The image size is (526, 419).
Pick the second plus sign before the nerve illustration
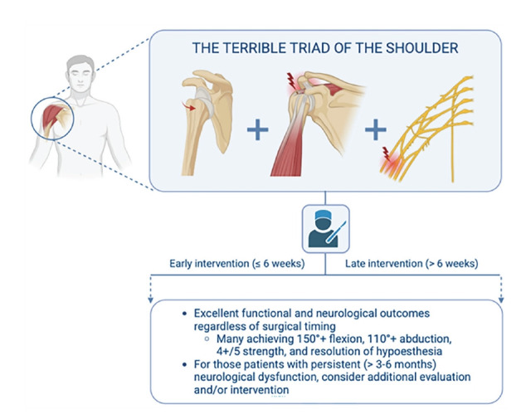(x=376, y=129)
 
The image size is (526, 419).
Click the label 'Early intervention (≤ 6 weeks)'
(x=223, y=265)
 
